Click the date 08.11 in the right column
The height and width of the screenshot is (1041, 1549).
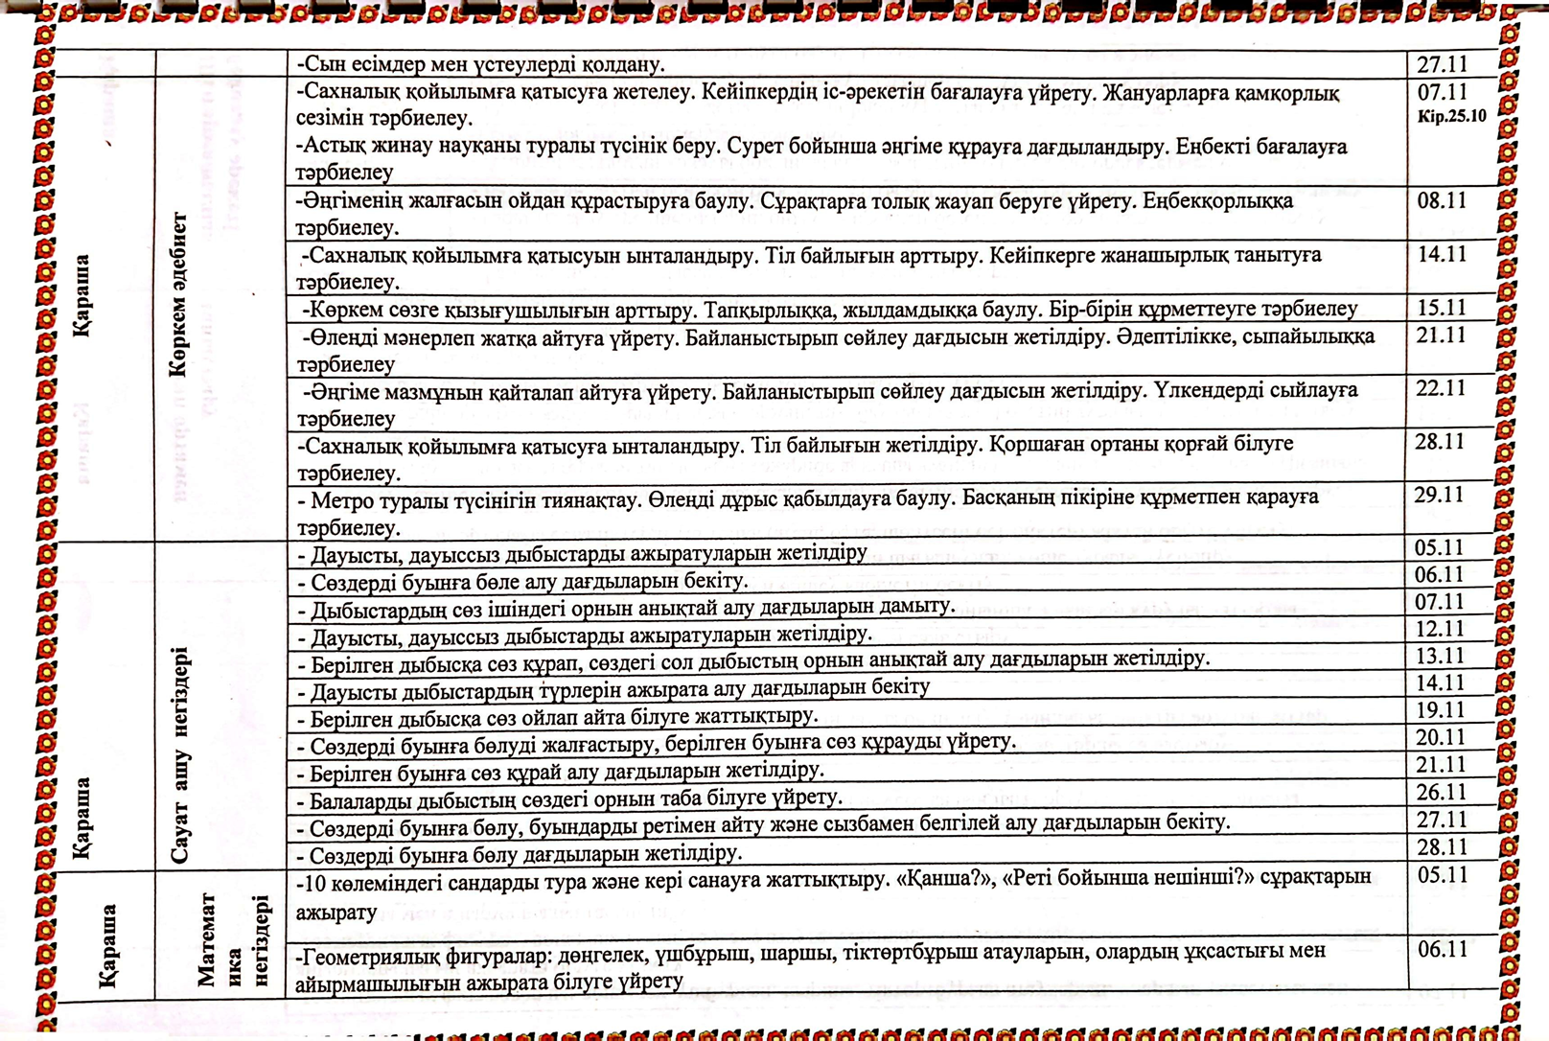pyautogui.click(x=1443, y=201)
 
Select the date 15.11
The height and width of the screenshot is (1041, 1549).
pyautogui.click(x=1443, y=308)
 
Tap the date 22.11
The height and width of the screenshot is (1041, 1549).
pyautogui.click(x=1441, y=388)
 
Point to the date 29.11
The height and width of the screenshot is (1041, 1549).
pyautogui.click(x=1439, y=496)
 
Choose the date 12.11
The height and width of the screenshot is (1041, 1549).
pyautogui.click(x=1440, y=629)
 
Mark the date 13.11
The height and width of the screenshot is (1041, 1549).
pyautogui.click(x=1440, y=656)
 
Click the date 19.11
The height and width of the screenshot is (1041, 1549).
pyautogui.click(x=1440, y=710)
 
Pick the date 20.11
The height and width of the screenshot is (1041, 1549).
pyautogui.click(x=1440, y=737)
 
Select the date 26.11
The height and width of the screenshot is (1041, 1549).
pyautogui.click(x=1440, y=792)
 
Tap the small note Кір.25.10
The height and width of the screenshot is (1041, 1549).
pyautogui.click(x=1451, y=117)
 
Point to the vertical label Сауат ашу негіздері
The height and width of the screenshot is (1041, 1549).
pyautogui.click(x=180, y=757)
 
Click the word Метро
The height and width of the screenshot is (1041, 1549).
pyautogui.click(x=340, y=499)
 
